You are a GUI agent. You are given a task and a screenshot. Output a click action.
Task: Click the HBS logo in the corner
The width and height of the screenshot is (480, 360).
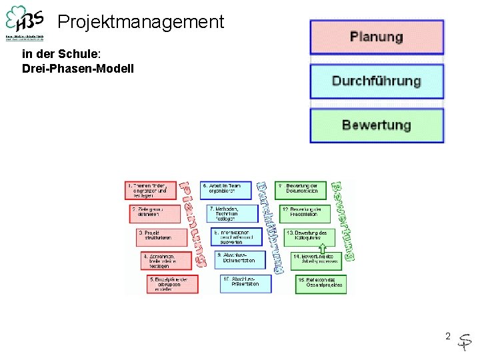point(25,23)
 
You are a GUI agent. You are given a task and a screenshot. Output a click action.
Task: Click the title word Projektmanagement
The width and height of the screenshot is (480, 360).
point(141,22)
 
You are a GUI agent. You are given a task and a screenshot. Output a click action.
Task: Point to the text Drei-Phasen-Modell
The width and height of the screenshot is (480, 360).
point(77,69)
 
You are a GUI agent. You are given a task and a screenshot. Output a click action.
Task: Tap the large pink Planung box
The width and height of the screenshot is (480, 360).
point(376,37)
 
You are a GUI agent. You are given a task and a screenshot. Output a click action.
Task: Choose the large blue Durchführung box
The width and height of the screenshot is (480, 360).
point(376,81)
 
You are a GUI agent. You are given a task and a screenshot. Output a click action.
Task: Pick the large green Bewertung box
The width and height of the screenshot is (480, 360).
point(376,125)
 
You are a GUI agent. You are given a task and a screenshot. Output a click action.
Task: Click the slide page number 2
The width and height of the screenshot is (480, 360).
point(448,336)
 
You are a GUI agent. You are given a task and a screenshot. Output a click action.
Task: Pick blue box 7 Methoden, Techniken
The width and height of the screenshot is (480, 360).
point(233,213)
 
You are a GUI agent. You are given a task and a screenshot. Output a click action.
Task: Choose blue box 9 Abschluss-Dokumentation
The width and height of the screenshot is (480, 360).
point(240,259)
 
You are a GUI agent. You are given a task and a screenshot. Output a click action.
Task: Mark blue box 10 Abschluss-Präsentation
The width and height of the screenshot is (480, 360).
point(245,283)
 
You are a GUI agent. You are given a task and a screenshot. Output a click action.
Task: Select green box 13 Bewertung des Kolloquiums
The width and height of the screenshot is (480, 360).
point(309,236)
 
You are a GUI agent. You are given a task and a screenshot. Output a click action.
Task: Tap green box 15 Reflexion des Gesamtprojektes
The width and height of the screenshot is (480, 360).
point(320,283)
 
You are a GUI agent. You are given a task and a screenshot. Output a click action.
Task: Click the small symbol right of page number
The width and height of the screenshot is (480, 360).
point(465,341)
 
